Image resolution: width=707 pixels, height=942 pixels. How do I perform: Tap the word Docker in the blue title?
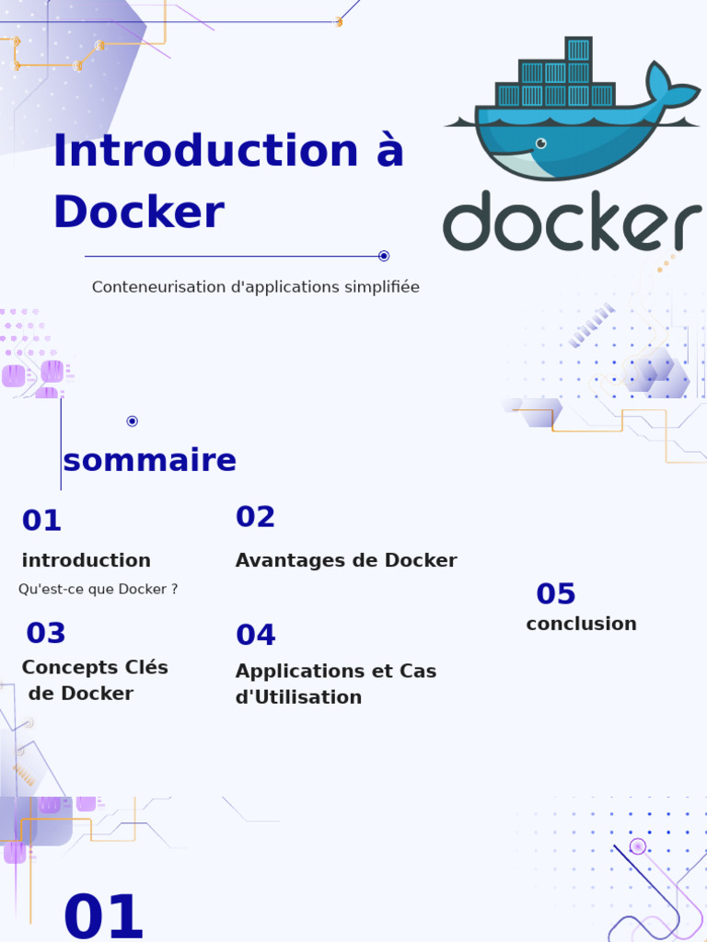pos(138,213)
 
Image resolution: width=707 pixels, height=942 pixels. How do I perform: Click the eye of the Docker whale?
pos(540,143)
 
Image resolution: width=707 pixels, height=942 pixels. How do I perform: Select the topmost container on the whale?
pos(578,50)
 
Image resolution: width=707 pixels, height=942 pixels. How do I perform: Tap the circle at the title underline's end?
pos(384,256)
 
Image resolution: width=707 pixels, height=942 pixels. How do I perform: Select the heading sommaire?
pos(149,461)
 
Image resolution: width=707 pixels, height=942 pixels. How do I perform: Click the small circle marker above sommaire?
pos(132,421)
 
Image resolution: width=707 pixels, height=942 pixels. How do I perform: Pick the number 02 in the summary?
pos(255,518)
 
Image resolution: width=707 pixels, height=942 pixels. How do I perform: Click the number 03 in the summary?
pos(46,634)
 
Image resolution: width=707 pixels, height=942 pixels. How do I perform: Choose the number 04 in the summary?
pos(255,636)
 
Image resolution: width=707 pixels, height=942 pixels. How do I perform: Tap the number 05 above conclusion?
pos(556,594)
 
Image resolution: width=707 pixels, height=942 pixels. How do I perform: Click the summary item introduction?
pos(86,561)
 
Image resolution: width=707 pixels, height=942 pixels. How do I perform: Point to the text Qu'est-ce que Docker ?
pos(98,590)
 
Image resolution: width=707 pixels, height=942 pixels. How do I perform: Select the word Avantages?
pos(281,561)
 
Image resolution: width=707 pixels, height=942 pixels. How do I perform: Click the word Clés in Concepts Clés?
pos(146,668)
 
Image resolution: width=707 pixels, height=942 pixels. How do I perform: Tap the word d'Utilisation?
pos(298,698)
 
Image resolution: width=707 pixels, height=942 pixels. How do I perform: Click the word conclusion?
pos(581,625)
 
